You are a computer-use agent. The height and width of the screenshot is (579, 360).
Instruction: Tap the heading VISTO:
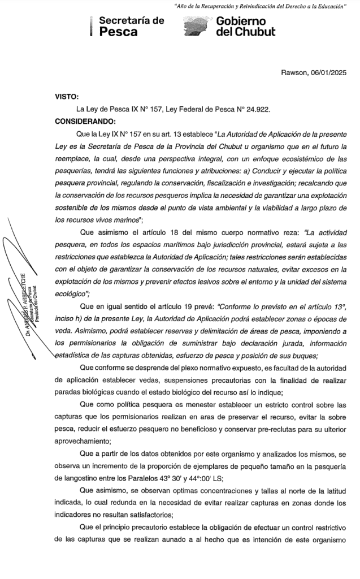point(67,97)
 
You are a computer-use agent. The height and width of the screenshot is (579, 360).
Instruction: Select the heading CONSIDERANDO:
point(85,121)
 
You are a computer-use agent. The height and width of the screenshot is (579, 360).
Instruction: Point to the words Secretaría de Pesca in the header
point(131,27)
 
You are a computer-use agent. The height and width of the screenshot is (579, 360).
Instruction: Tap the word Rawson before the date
point(294,72)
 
